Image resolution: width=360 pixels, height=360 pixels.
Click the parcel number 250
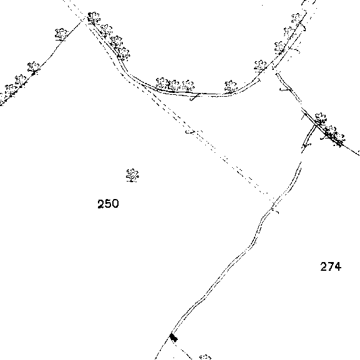108,203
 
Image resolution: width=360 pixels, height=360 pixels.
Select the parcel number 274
331,266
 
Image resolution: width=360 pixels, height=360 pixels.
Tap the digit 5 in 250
108,203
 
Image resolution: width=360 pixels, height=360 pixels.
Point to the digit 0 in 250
115,203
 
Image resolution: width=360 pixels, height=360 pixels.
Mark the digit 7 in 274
331,266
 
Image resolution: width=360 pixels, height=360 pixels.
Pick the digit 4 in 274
338,266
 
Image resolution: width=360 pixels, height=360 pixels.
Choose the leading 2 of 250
101,203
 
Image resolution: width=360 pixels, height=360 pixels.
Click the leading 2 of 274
324,266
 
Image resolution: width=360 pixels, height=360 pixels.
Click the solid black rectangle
173,338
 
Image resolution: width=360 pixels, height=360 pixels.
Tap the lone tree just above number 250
132,175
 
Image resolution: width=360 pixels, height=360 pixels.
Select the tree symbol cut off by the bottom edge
205,358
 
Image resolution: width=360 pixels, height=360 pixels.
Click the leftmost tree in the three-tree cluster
162,83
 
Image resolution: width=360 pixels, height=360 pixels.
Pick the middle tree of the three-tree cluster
174,85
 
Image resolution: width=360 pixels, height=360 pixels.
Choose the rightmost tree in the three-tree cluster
188,85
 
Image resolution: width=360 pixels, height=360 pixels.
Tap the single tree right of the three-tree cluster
230,86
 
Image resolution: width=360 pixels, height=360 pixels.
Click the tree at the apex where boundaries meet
94,17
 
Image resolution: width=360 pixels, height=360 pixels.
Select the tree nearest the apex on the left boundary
61,35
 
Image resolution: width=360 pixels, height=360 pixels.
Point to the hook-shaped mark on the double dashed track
190,132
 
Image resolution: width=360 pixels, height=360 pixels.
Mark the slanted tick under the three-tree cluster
195,97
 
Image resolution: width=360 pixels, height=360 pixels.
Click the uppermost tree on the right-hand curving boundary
296,18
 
